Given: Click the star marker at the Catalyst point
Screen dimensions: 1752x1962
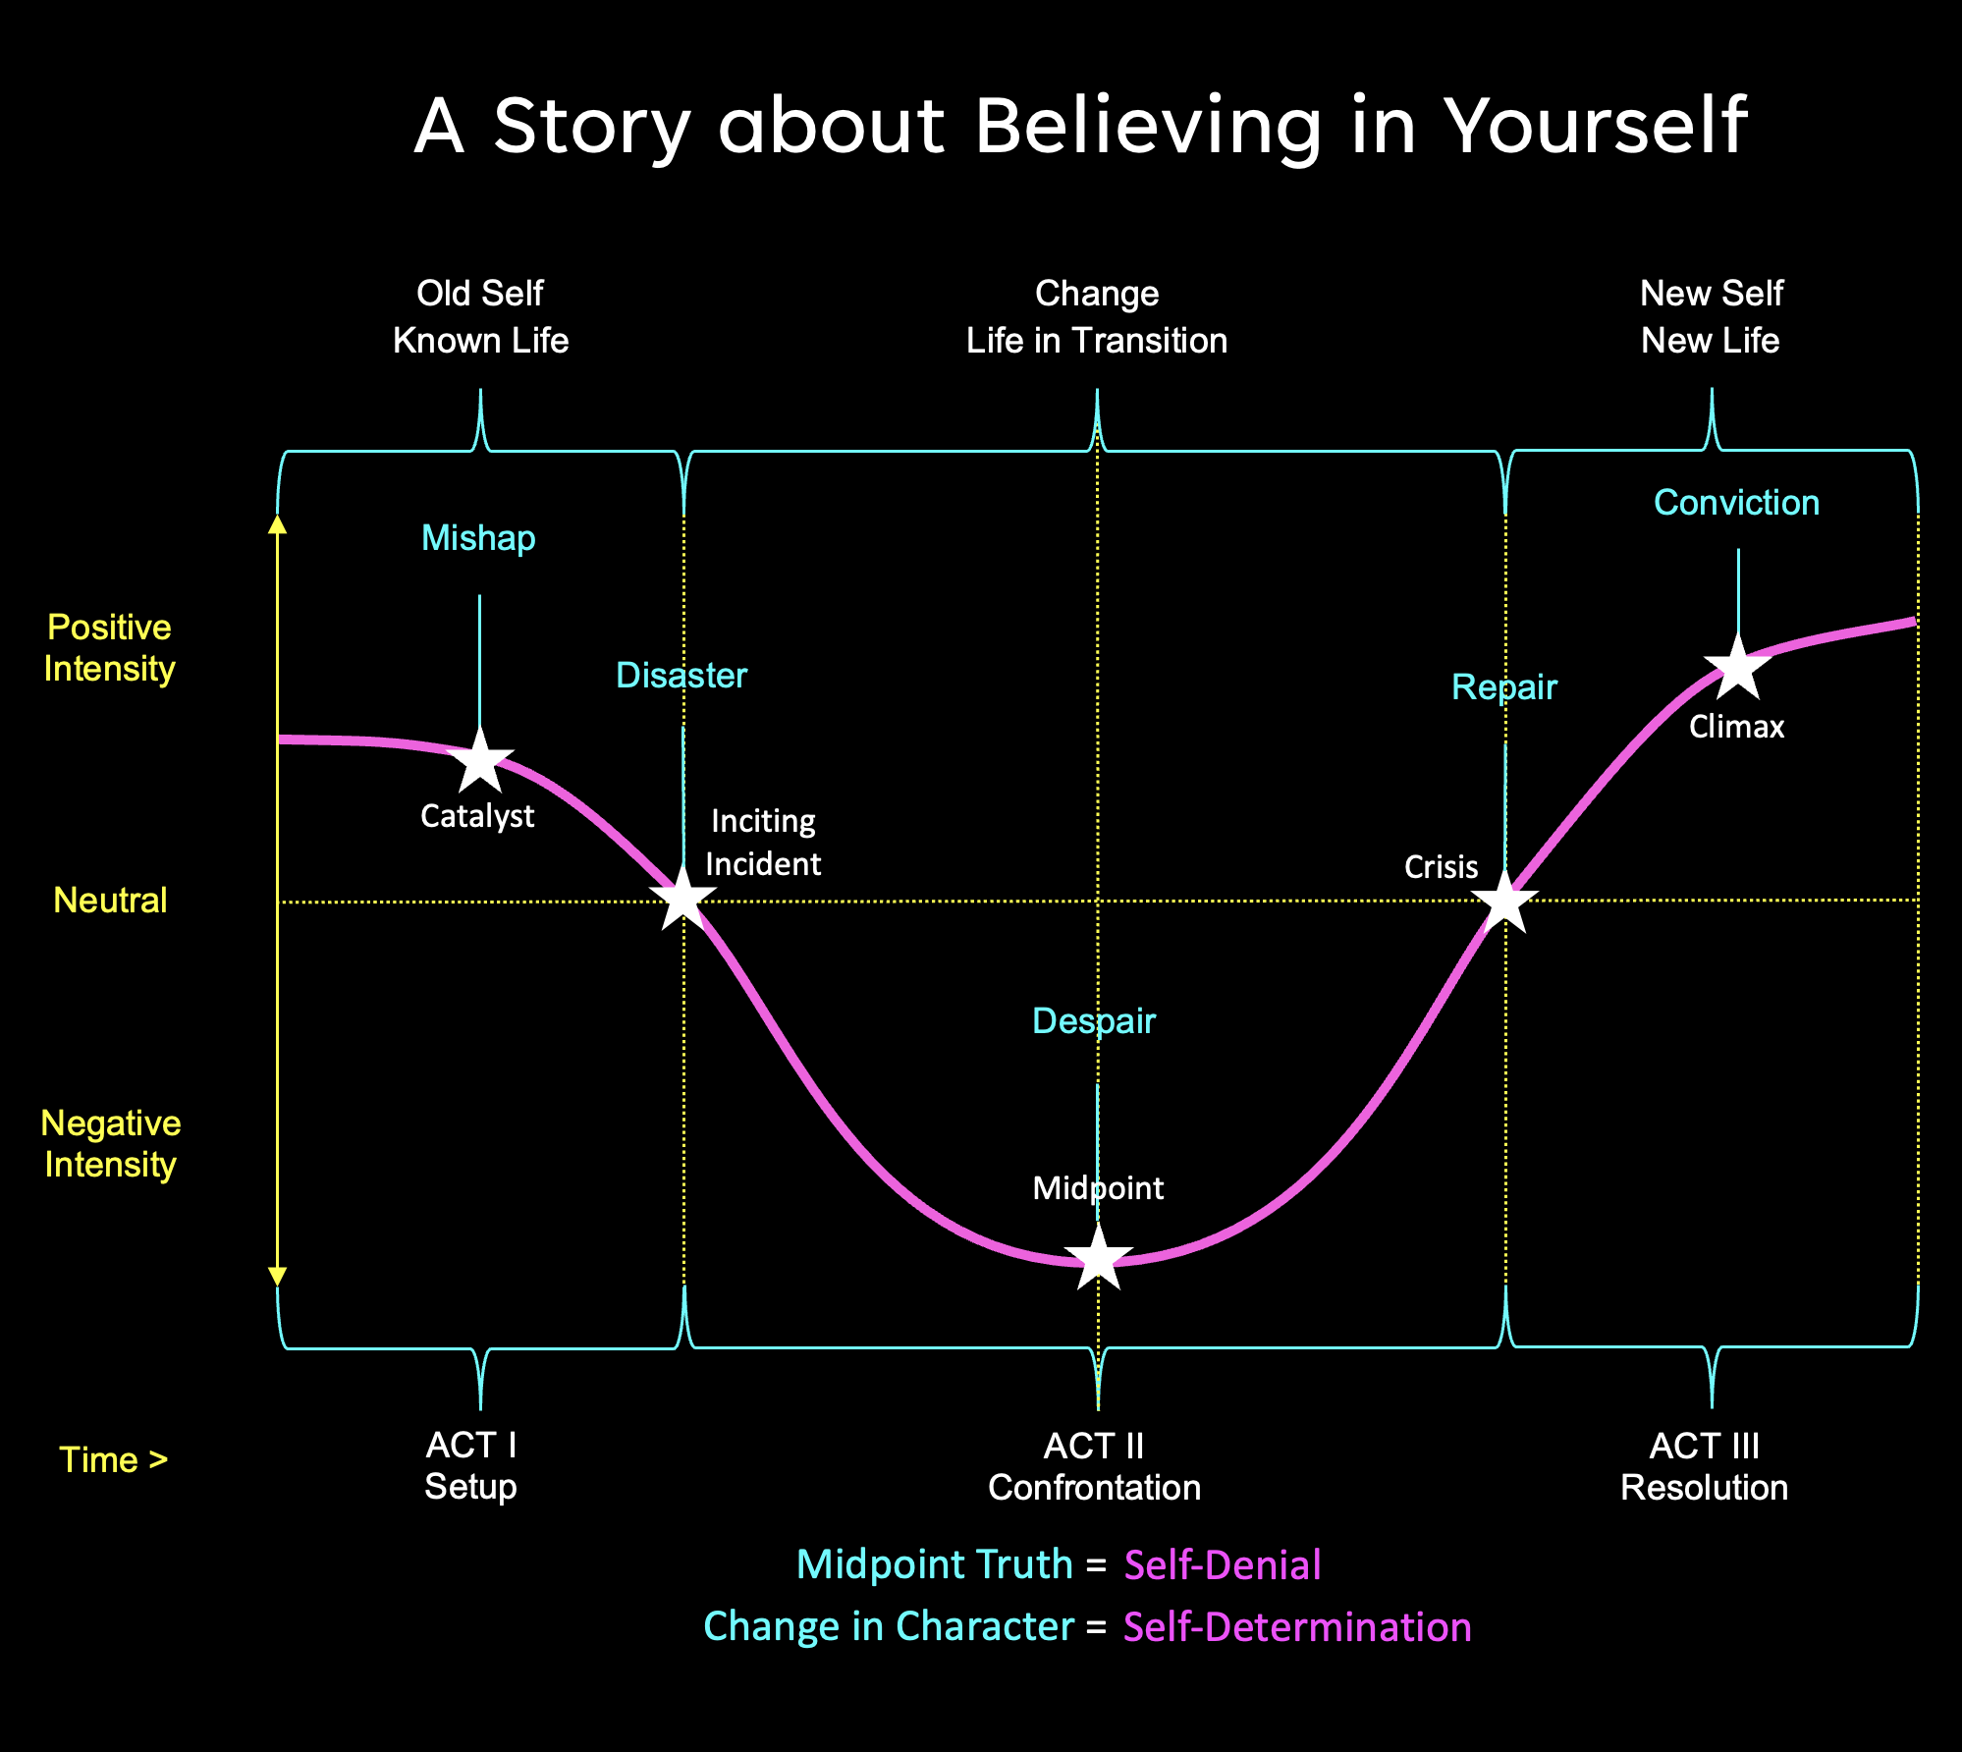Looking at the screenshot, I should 480,761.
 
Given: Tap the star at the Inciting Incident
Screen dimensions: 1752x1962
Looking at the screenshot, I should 682,898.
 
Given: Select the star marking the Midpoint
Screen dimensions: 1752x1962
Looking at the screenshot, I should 1098,1257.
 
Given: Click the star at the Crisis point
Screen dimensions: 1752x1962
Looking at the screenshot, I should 1504,901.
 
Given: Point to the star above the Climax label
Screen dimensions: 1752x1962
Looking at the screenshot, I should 1738,668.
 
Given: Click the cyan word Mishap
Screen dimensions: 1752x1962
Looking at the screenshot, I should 478,538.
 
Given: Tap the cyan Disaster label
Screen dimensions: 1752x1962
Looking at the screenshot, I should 681,676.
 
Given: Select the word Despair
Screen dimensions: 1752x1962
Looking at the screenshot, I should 1094,1021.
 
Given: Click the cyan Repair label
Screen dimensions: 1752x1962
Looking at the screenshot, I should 1504,687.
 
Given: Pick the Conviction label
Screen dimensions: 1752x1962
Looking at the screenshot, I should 1736,503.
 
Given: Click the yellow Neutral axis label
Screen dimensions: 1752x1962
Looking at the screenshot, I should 110,901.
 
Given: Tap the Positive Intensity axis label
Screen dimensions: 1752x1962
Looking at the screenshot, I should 110,648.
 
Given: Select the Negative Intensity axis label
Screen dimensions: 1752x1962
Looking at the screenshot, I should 111,1144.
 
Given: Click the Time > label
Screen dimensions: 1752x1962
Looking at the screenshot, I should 113,1460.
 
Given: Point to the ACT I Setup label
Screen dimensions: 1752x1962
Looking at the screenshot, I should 471,1466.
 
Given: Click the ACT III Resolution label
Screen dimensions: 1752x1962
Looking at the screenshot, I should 1704,1467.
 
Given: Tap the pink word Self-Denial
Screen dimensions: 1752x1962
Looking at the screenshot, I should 1223,1565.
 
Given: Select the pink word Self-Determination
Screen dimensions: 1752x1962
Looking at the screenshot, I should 1297,1627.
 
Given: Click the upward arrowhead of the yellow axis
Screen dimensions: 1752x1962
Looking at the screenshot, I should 278,524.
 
